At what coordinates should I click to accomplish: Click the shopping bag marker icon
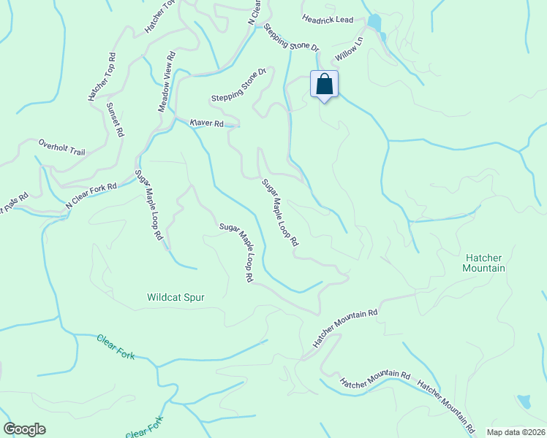click(325, 85)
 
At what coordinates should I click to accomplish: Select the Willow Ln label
click(349, 49)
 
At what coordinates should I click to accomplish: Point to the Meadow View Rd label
click(167, 81)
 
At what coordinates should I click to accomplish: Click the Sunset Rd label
click(116, 120)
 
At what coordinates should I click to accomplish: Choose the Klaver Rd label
click(206, 123)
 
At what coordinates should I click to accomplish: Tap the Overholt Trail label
click(62, 147)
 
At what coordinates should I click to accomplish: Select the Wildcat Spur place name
click(176, 297)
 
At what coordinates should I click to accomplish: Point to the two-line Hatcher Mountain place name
click(484, 263)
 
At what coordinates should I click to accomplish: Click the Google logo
click(24, 429)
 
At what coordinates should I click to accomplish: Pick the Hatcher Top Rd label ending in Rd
click(102, 77)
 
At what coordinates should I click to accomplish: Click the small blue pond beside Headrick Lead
click(375, 23)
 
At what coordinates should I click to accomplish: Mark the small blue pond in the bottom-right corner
click(524, 401)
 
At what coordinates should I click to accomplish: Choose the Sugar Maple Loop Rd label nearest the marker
click(281, 212)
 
